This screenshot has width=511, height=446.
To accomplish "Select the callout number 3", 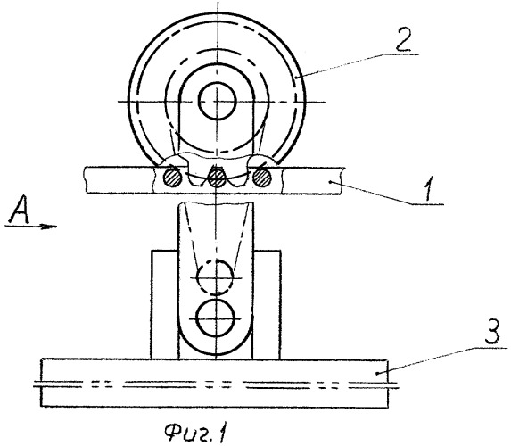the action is [x=492, y=331].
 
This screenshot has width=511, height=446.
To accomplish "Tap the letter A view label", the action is [x=20, y=210].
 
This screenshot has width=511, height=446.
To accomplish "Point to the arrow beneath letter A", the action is [x=31, y=226].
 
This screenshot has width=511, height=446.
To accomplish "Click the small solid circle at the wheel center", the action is [x=217, y=102].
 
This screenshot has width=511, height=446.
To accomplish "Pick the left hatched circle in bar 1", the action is [x=173, y=178].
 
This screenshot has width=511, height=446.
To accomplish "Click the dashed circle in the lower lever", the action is [x=216, y=277].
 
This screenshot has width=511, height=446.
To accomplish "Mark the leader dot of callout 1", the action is [x=331, y=182].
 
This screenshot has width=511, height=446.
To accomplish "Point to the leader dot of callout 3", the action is [x=376, y=373].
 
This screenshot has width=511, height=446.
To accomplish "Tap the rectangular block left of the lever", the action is [x=165, y=304].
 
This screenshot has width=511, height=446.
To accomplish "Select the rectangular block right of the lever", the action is [x=267, y=304].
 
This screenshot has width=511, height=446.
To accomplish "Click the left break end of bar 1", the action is [x=86, y=180].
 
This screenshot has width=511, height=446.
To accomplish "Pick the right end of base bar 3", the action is [x=388, y=383].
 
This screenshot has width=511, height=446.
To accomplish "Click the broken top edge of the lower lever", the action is [x=216, y=204].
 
